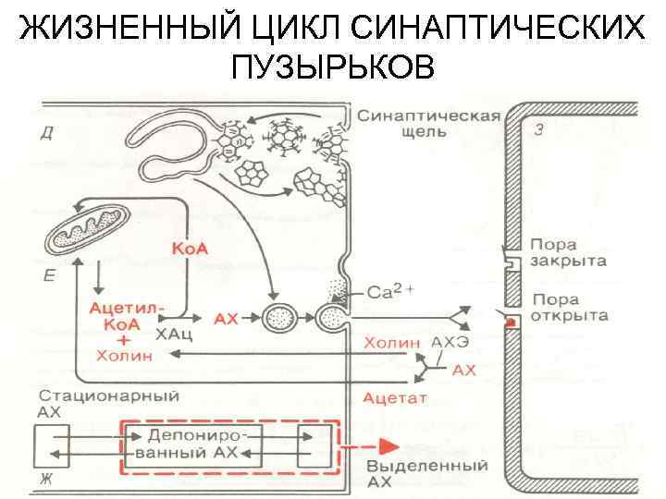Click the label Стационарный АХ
[107, 405]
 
